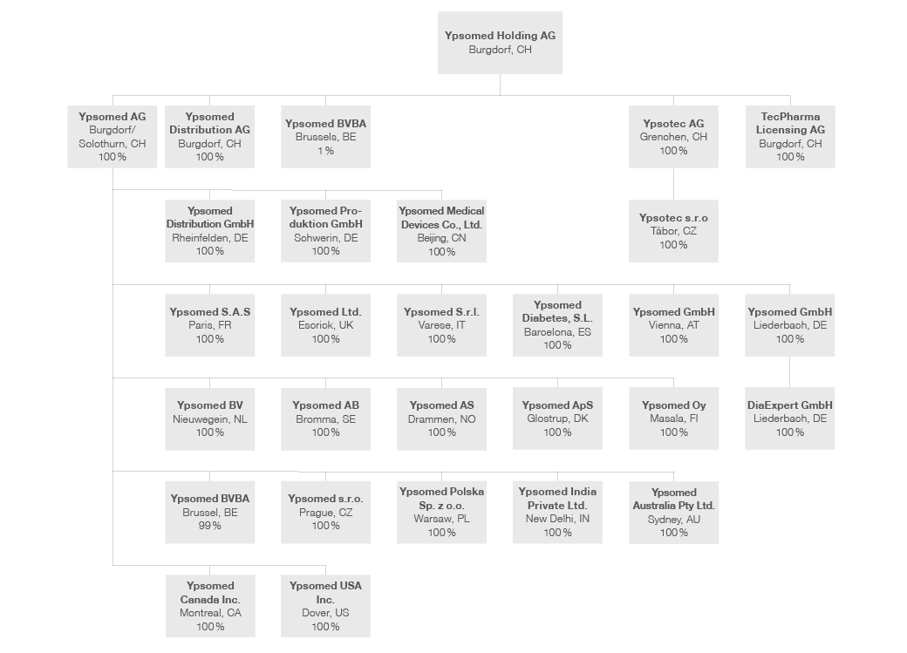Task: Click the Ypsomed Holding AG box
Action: (x=500, y=43)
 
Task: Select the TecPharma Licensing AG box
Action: (x=790, y=137)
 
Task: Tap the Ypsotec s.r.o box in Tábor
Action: (x=673, y=231)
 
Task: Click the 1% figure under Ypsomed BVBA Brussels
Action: (x=325, y=150)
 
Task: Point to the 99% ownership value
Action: (x=209, y=526)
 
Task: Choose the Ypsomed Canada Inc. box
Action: (x=210, y=606)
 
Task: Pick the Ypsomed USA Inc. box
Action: (x=325, y=606)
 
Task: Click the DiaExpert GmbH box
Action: (x=789, y=418)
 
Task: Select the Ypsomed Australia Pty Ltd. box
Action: (x=674, y=513)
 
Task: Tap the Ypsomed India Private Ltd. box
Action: (x=557, y=512)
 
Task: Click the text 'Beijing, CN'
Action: (x=441, y=238)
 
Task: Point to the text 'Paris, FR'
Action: (x=210, y=325)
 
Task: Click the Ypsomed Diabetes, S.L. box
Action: (x=557, y=325)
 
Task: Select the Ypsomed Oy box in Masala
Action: (x=674, y=418)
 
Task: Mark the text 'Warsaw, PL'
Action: (x=441, y=519)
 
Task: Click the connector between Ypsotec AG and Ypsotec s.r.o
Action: (x=673, y=184)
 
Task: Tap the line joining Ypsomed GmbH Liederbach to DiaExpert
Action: (x=789, y=372)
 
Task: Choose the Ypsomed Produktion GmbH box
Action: (x=325, y=231)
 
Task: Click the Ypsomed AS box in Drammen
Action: (x=441, y=418)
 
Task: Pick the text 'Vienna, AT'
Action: (x=674, y=325)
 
